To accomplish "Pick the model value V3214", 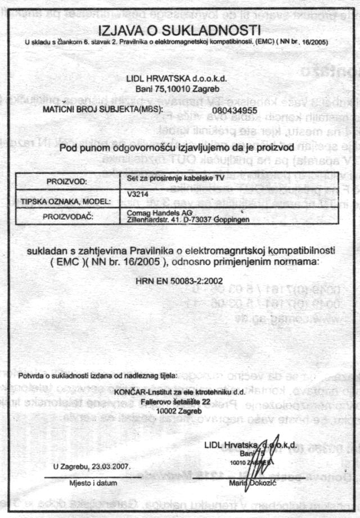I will point(137,192).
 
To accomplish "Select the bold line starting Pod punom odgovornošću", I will point(179,148).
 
